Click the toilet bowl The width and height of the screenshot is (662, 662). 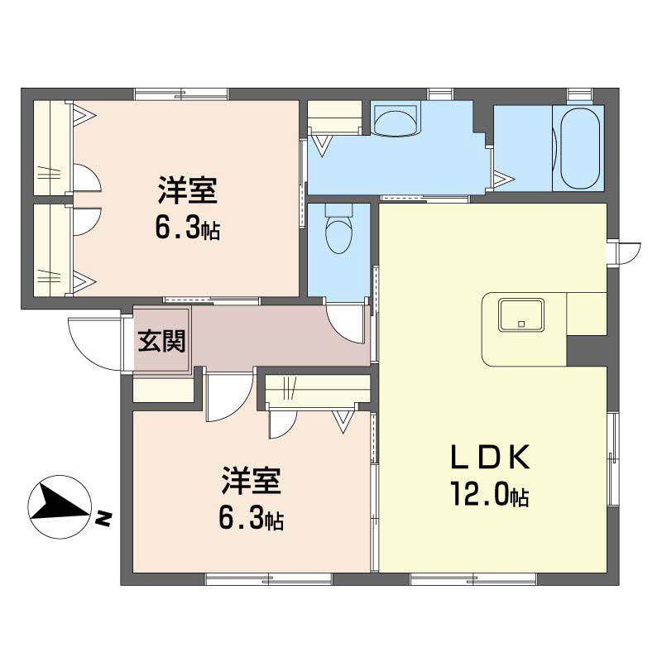click(338, 234)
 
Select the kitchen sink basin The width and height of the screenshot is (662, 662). click(521, 315)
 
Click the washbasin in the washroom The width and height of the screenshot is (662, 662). click(396, 122)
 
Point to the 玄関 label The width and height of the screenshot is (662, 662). click(162, 341)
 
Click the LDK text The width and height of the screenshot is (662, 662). click(490, 458)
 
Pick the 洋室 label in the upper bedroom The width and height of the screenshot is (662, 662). click(188, 191)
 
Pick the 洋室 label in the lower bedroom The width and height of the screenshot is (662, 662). click(252, 481)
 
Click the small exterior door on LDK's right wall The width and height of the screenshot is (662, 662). click(628, 253)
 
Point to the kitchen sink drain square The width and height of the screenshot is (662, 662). click(521, 324)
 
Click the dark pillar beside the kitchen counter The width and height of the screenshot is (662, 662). click(587, 351)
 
